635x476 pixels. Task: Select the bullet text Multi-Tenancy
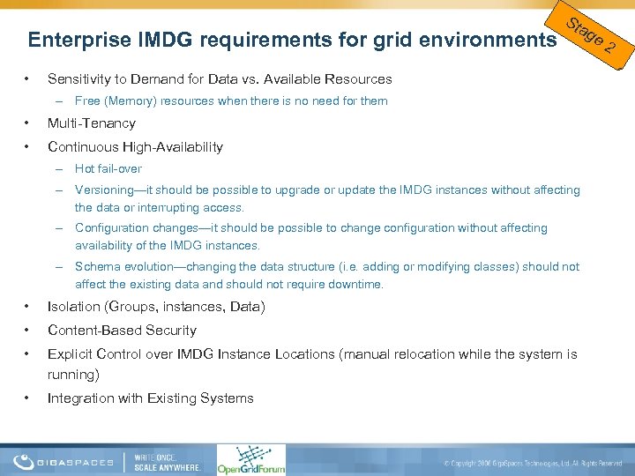tap(92, 123)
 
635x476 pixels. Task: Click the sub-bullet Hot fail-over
tap(108, 168)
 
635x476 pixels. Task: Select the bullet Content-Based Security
tap(122, 331)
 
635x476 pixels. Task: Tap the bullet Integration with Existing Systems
tap(150, 398)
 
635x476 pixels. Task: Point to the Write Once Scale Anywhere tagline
tap(168, 461)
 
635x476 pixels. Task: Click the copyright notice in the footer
tap(534, 463)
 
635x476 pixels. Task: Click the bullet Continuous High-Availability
tap(135, 146)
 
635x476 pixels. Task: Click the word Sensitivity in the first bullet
tap(78, 79)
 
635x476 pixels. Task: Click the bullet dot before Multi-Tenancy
tap(29, 123)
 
